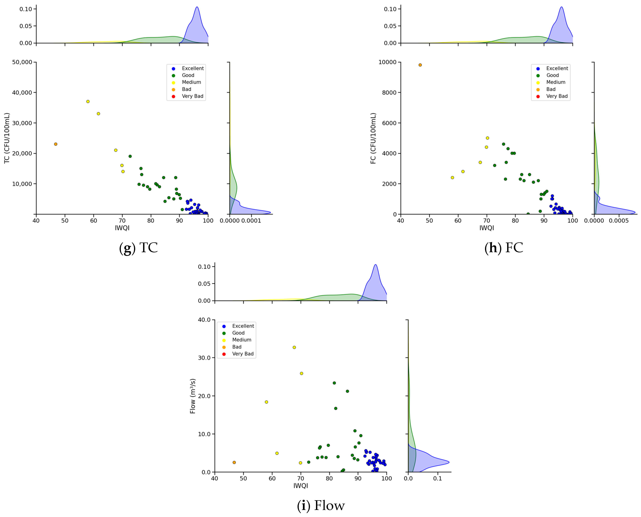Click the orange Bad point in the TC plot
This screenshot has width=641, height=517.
[x=55, y=144]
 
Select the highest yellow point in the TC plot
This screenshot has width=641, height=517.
[x=88, y=101]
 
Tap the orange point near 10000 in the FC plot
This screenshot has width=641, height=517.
[x=420, y=65]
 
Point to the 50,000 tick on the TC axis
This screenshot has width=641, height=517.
[x=22, y=62]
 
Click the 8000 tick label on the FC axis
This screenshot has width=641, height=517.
[x=389, y=93]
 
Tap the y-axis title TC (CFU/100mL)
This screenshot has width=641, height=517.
[x=7, y=138]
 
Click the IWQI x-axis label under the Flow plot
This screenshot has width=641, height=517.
[x=301, y=486]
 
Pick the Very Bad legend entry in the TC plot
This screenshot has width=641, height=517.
[x=193, y=96]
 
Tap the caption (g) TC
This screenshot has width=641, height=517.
[x=138, y=248]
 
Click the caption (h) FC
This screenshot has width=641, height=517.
[x=503, y=248]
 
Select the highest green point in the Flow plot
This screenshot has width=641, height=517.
[x=334, y=383]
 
